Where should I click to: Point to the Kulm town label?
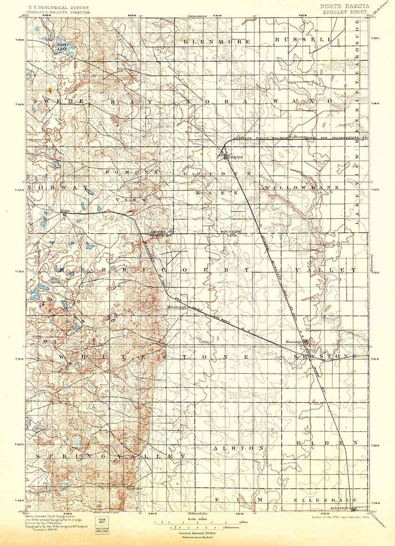tap(65, 211)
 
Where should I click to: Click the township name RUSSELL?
tap(303, 40)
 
